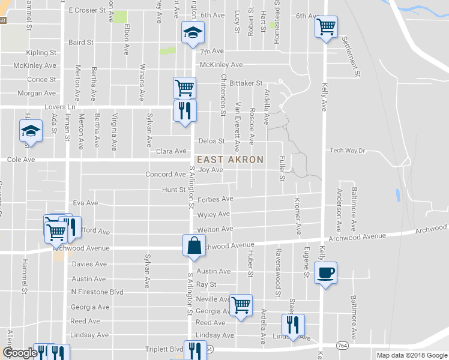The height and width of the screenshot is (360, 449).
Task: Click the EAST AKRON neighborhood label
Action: (231, 160)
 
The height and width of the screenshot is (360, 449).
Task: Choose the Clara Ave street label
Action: (172, 151)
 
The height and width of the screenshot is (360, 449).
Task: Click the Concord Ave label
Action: (166, 175)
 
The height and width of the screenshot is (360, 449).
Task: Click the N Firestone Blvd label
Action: (97, 292)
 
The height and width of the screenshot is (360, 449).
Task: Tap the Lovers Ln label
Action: (62, 107)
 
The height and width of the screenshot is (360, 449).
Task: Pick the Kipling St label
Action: (41, 53)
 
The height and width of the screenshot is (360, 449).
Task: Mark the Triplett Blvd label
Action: (164, 349)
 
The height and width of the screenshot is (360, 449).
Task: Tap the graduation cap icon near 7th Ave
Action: (193, 32)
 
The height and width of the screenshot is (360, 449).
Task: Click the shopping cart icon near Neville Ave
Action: (241, 304)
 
